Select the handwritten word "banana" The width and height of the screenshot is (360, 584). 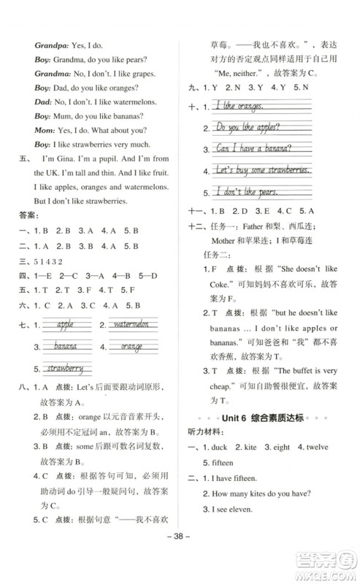65,346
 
